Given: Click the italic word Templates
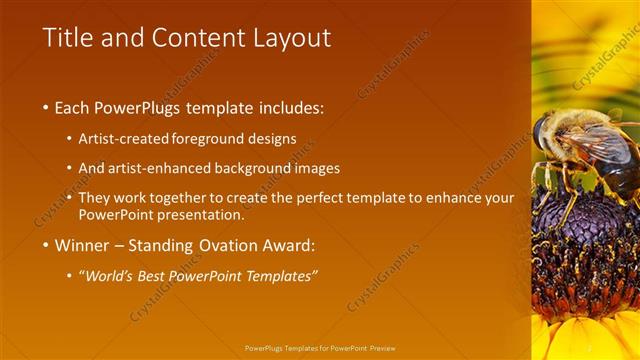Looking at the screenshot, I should pyautogui.click(x=282, y=276).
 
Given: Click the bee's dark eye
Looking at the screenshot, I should pyautogui.click(x=541, y=133).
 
